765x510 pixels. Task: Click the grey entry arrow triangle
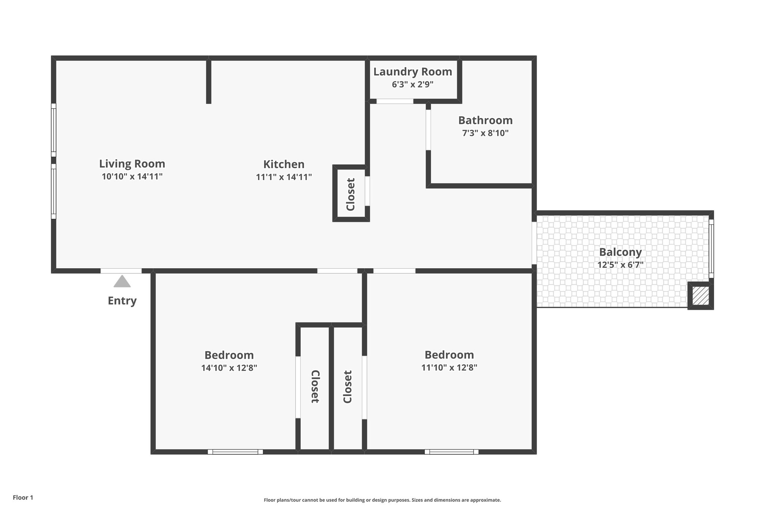122,281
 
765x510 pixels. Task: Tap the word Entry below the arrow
122,301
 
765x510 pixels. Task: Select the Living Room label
132,164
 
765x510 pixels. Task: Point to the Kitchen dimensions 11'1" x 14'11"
284,177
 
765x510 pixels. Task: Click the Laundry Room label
413,72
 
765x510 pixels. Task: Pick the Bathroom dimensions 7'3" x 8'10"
486,133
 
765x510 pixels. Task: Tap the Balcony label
620,252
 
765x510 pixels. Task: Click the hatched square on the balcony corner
701,296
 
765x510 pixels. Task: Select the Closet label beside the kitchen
350,194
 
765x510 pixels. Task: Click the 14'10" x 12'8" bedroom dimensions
229,368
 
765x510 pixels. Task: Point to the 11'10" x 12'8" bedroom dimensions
449,368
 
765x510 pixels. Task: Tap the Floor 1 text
23,498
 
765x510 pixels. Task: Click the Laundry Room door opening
395,101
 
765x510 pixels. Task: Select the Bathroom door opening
428,130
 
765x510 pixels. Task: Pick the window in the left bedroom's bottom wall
235,452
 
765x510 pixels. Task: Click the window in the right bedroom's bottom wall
452,452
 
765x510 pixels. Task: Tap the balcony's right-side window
711,248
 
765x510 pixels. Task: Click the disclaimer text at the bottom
382,500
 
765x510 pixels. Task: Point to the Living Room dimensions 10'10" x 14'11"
132,176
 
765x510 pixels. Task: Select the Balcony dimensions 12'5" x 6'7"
620,265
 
